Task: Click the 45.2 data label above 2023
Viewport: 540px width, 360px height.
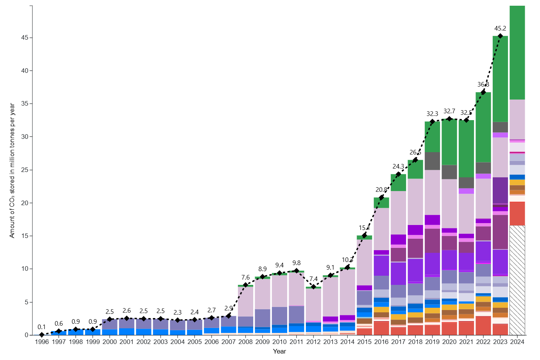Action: pyautogui.click(x=500, y=28)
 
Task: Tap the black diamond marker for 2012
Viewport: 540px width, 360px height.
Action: pyautogui.click(x=313, y=286)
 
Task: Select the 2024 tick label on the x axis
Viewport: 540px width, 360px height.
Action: pyautogui.click(x=517, y=342)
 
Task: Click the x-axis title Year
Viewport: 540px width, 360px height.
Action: pyautogui.click(x=279, y=351)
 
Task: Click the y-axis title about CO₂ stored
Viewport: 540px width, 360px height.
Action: pyautogui.click(x=12, y=170)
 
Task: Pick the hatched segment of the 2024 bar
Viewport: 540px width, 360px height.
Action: pyautogui.click(x=517, y=280)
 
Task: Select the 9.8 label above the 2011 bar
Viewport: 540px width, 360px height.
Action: pyautogui.click(x=296, y=263)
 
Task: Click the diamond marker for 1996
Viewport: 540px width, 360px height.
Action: pyautogui.click(x=42, y=334)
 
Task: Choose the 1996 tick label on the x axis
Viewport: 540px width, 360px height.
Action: pyautogui.click(x=42, y=342)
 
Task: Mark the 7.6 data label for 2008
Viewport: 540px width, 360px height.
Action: pyautogui.click(x=246, y=277)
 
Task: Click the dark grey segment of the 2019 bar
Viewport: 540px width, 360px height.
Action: pyautogui.click(x=432, y=161)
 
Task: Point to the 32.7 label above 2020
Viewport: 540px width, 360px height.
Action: pyautogui.click(x=449, y=111)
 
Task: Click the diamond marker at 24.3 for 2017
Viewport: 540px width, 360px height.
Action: pyautogui.click(x=398, y=174)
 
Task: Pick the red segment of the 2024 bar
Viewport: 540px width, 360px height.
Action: pyautogui.click(x=517, y=214)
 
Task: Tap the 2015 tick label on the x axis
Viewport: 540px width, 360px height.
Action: pyautogui.click(x=364, y=342)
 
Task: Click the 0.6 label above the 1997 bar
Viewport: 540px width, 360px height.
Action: pyautogui.click(x=59, y=323)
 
